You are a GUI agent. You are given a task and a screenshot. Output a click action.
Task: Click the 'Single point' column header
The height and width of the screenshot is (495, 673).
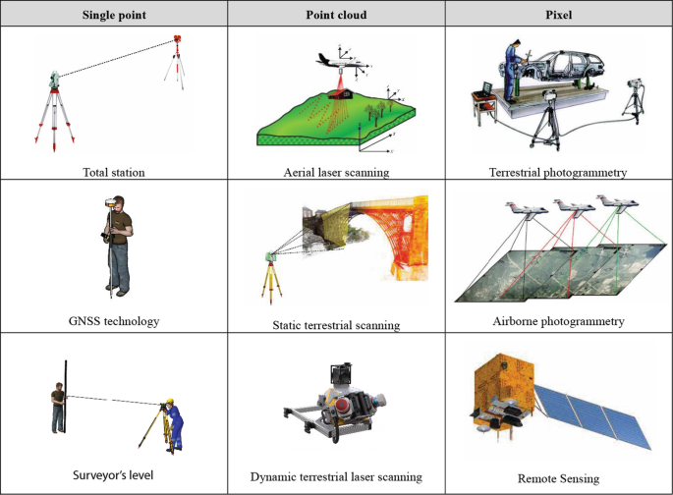(x=114, y=13)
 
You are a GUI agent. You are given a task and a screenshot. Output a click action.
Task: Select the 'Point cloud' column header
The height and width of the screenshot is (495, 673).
(x=336, y=13)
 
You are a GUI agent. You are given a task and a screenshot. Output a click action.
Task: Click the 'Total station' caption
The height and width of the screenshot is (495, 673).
(x=114, y=172)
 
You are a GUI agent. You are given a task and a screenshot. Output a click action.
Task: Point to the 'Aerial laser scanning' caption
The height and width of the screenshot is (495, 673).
(x=336, y=172)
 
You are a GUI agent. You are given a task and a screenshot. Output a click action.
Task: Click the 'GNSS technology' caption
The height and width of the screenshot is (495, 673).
(x=114, y=320)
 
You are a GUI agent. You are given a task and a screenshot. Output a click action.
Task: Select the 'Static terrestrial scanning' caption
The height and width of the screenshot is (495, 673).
(x=336, y=324)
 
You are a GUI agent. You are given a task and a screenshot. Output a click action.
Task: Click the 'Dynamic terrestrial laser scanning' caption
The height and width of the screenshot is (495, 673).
(x=336, y=476)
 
